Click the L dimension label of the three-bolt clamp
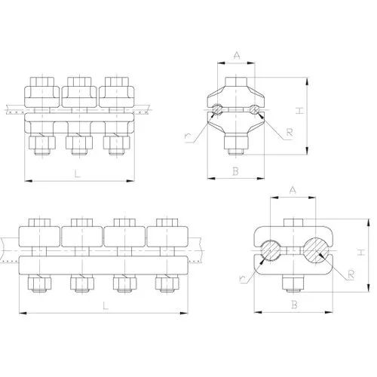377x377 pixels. tap(77, 174)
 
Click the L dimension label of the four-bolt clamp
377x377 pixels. tap(106, 305)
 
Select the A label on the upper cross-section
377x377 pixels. tap(237, 55)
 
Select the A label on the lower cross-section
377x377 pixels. tap(293, 190)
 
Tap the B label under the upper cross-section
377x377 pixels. tap(235, 171)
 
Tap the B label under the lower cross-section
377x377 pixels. tap(294, 305)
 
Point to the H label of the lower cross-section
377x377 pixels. tap(361, 253)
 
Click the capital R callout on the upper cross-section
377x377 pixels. tap(290, 133)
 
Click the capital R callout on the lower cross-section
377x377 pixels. tap(351, 275)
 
